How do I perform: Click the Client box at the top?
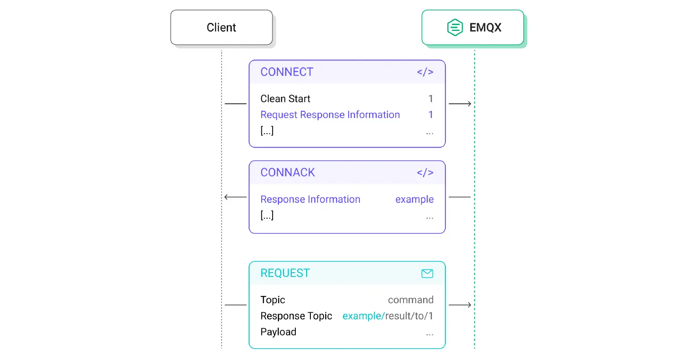(221, 28)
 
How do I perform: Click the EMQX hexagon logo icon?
(454, 28)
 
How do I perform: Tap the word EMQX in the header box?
(485, 28)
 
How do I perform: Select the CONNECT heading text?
(287, 72)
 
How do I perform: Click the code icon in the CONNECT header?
(425, 72)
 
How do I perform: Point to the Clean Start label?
(285, 99)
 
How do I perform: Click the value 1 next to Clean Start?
(430, 99)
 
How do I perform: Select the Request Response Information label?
(330, 115)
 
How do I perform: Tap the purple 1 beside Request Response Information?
(430, 115)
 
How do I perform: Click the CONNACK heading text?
(288, 173)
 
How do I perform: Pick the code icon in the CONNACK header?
(425, 173)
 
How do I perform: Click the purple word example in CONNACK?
(414, 200)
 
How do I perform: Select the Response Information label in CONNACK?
(310, 200)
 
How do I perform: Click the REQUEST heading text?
(285, 273)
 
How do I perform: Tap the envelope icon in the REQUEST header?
(427, 274)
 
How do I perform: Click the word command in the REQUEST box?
(410, 300)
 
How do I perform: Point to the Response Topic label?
(296, 316)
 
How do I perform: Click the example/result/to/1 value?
(388, 316)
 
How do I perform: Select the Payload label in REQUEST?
(278, 332)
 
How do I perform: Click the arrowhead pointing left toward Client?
(227, 197)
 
